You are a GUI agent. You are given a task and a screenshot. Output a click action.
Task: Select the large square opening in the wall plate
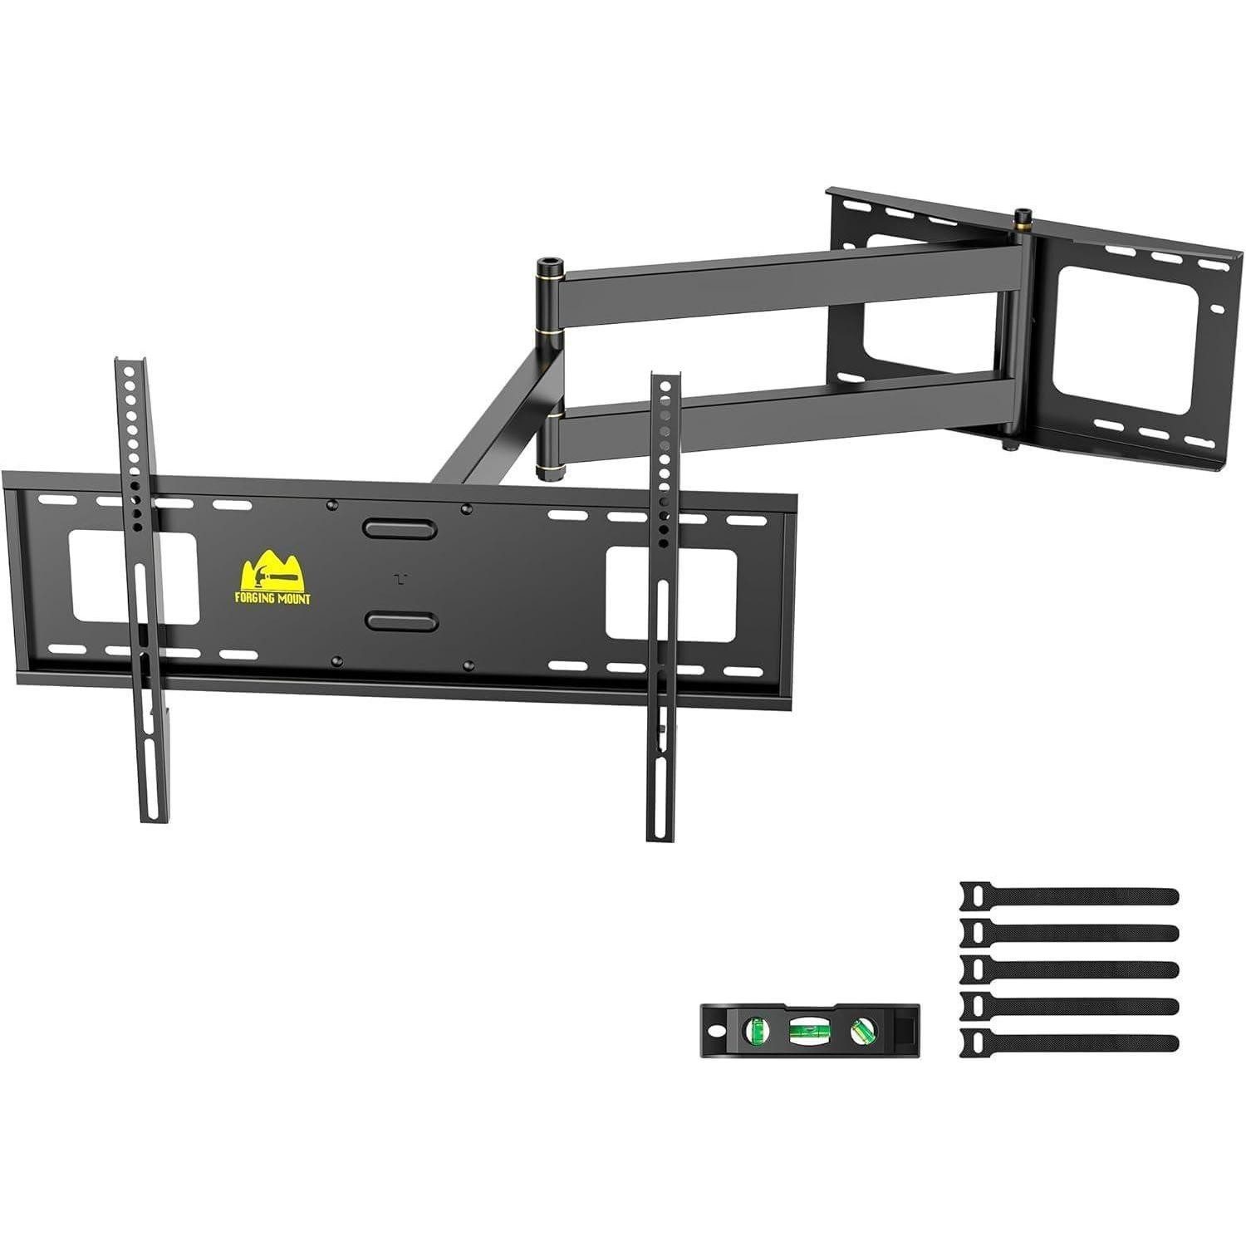(1126, 341)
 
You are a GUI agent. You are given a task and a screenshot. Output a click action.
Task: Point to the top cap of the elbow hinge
(550, 264)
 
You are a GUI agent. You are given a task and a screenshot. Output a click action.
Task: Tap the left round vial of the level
(757, 1030)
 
